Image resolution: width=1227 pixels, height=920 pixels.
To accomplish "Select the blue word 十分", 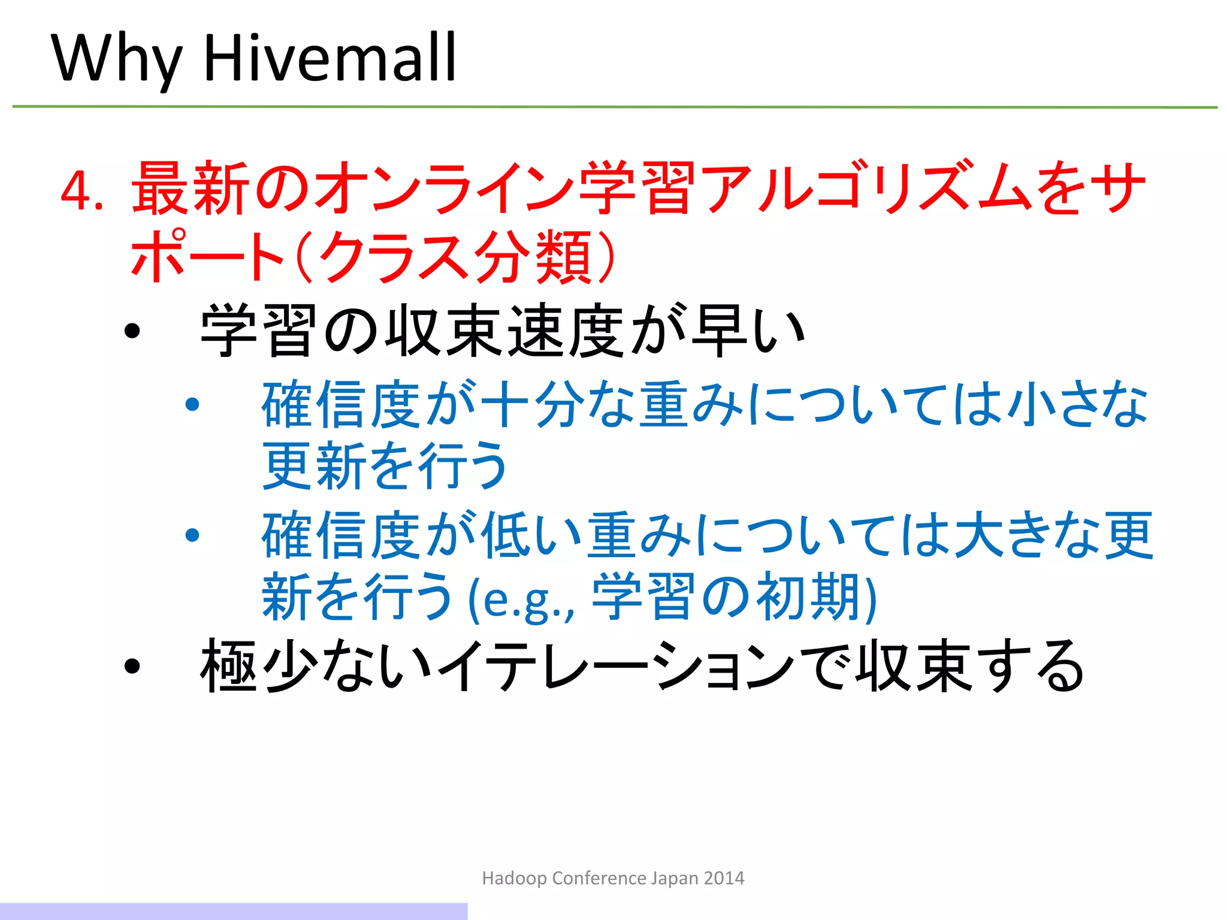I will coord(533,405).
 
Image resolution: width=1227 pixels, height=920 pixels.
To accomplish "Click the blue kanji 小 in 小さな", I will coord(1028,405).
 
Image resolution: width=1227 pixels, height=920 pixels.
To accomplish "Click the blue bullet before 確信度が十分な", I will coord(192,405).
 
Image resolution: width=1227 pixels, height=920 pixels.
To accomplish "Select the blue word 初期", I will coord(809,597).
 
